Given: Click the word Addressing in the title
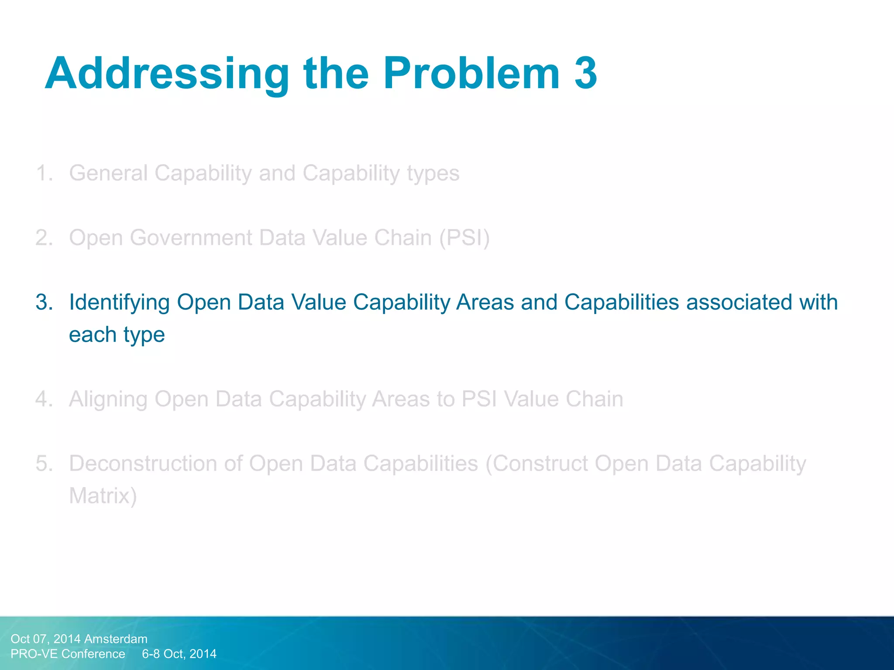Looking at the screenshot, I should click(x=167, y=74).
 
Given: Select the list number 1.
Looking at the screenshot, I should click(x=44, y=173).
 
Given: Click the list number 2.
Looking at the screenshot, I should click(x=44, y=238).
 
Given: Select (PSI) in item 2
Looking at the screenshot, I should click(x=464, y=238).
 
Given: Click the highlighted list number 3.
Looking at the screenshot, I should click(x=44, y=302).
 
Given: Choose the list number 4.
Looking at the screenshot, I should click(x=44, y=399).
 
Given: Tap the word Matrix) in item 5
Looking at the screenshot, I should click(x=103, y=496).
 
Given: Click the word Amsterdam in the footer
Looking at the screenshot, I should click(x=116, y=639).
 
